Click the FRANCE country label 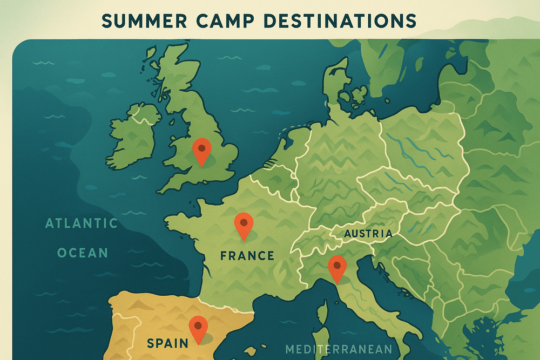247,255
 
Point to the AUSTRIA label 368,234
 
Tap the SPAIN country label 167,342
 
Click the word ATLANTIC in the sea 82,223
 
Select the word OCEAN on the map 83,253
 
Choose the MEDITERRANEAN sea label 339,349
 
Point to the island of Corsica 323,312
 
